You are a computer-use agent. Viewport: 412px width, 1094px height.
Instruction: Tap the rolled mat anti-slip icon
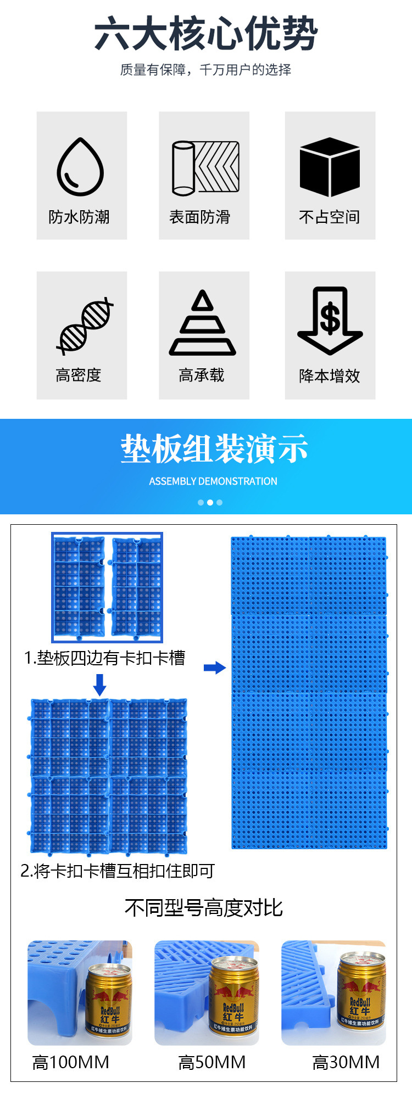click(x=205, y=167)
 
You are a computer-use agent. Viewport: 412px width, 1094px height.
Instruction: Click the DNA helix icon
click(x=85, y=325)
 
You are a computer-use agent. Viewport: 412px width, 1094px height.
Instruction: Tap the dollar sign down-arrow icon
click(x=330, y=321)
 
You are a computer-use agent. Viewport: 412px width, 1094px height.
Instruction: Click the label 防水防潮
click(x=79, y=217)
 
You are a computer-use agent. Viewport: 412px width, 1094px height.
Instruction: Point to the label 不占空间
click(x=330, y=217)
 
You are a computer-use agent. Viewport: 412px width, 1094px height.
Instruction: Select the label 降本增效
click(x=330, y=376)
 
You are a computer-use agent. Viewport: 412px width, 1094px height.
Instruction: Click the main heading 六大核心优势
click(x=206, y=34)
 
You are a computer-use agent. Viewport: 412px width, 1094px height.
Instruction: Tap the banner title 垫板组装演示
click(x=214, y=449)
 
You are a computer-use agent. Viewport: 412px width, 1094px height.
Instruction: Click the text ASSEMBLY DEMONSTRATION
click(x=213, y=481)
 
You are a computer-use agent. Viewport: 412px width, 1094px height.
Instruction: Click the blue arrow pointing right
click(x=215, y=668)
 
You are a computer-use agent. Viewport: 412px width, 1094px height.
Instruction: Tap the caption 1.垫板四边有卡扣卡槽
click(x=104, y=658)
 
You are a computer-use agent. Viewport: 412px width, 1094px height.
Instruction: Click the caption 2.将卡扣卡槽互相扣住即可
click(x=117, y=871)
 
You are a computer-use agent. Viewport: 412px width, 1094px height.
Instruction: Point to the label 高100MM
click(x=71, y=1062)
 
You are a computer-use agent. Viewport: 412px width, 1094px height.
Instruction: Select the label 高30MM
click(x=346, y=1062)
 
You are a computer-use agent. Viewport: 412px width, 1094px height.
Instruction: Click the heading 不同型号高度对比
click(x=204, y=908)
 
